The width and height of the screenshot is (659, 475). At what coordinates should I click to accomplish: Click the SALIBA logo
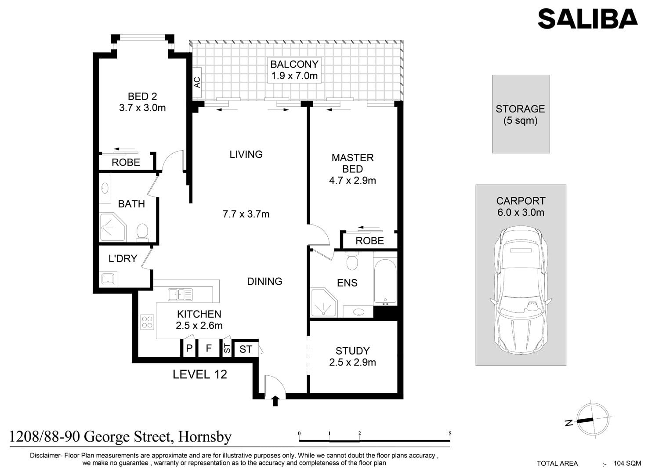587,19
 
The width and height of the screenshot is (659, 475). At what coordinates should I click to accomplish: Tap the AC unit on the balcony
197,83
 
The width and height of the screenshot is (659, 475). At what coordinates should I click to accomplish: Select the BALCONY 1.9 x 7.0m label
294,70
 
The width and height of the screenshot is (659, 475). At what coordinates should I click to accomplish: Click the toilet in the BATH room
142,232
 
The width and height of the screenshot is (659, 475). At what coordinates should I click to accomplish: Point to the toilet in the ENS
352,261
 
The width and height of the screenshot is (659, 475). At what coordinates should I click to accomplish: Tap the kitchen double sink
180,294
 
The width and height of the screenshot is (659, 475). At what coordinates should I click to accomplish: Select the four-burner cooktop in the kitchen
147,322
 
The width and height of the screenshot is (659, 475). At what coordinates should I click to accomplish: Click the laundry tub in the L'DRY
108,279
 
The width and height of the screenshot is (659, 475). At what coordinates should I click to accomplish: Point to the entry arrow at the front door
275,401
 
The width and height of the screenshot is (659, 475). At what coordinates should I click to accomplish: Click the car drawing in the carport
521,290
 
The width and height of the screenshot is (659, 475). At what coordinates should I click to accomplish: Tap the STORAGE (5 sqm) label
520,115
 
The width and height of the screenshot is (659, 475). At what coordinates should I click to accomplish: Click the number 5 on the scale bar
450,434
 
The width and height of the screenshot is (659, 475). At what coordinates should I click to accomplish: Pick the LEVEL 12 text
200,375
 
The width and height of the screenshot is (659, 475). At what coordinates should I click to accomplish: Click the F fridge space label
209,348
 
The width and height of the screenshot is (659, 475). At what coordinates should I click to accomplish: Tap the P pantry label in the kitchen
189,348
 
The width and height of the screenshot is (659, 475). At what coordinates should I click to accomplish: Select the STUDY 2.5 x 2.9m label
352,356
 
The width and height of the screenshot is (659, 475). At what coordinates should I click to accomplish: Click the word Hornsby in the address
205,436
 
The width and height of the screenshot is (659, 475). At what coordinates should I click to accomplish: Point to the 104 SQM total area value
627,463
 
